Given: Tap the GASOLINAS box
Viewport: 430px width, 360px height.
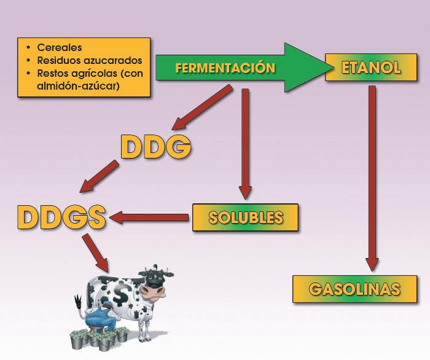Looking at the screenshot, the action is tap(354, 289).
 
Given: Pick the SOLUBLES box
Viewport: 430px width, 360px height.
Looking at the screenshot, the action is tap(245, 217).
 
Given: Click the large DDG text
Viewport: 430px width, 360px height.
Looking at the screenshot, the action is tap(156, 147).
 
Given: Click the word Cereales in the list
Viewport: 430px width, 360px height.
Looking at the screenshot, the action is tap(59, 47).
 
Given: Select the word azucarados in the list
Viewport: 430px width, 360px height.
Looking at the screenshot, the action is tap(113, 60).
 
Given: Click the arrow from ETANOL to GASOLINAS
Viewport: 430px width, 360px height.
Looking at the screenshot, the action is tap(371, 178).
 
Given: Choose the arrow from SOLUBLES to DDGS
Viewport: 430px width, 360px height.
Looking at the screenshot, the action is tap(150, 216).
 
